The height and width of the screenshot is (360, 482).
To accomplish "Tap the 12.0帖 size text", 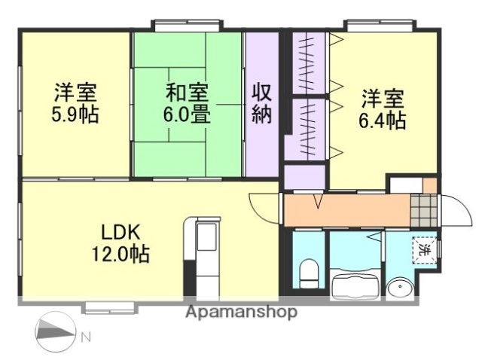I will [121, 253].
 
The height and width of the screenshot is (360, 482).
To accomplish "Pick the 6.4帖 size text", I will [383, 119].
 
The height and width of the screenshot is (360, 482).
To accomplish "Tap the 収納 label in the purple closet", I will [261, 105].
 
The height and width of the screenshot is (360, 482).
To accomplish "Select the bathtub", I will [355, 283].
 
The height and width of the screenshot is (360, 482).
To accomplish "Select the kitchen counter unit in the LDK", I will [203, 256].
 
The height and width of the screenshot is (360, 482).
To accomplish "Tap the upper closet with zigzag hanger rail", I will [308, 62].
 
